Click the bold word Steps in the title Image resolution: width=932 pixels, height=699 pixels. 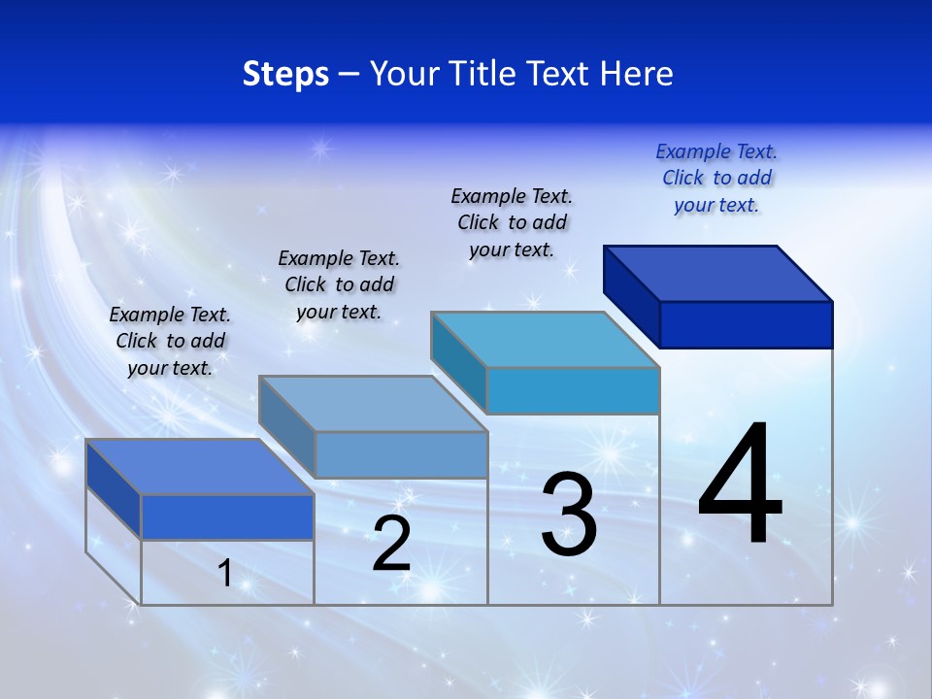point(285,75)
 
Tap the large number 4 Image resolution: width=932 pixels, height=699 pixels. point(740,485)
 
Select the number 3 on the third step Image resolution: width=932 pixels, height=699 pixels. point(569,515)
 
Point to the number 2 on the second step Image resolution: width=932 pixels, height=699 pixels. point(391,544)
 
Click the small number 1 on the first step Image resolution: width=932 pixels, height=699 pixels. point(225,574)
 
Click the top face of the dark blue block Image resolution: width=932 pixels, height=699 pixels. point(718,273)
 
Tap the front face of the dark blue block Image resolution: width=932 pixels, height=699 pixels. point(746,324)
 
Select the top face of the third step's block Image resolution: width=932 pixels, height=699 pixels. point(546,340)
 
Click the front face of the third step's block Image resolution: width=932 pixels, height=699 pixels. point(573,390)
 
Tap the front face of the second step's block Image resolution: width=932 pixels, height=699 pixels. point(401,454)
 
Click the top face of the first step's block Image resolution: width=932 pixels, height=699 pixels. point(200,467)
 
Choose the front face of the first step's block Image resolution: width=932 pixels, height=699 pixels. point(227,516)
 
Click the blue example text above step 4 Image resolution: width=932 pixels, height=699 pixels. point(716,178)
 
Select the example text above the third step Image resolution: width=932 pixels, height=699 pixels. point(512,222)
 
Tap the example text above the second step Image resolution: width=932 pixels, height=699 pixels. point(339,284)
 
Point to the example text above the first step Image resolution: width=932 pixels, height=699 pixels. point(170,341)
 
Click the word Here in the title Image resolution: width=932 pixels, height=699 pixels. point(637,75)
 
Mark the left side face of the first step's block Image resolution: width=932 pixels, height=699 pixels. point(114,489)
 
